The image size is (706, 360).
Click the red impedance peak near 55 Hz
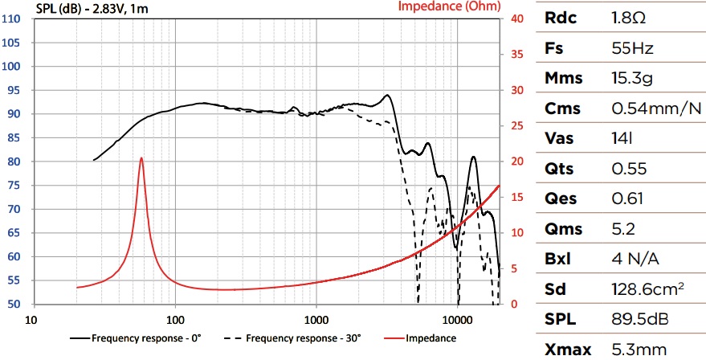pyautogui.click(x=141, y=159)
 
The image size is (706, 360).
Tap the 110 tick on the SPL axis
pyautogui.click(x=12, y=18)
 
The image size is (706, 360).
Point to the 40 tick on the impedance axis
pyautogui.click(x=517, y=18)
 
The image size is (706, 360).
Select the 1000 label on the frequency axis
pyautogui.click(x=316, y=319)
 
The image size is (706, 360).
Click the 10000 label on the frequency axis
pyautogui.click(x=458, y=319)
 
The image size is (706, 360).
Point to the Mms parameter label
pyautogui.click(x=566, y=79)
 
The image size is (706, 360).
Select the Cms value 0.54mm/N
pyautogui.click(x=656, y=108)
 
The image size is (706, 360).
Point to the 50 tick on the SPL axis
pyautogui.click(x=15, y=305)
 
